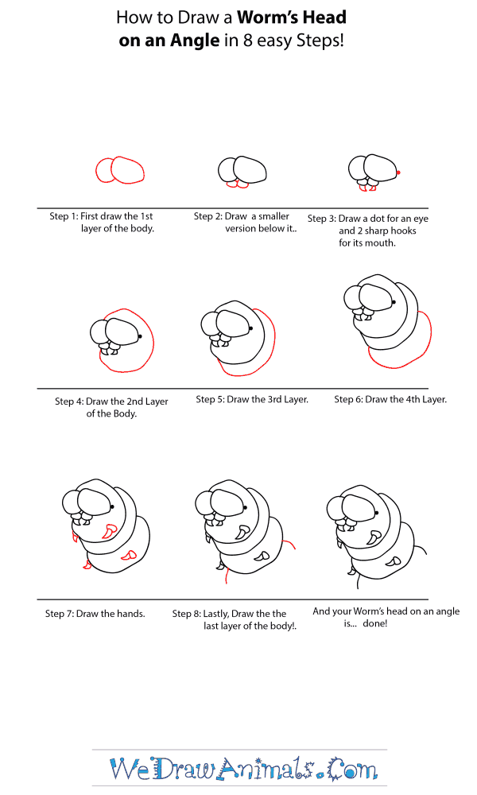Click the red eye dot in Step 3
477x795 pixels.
pos(398,173)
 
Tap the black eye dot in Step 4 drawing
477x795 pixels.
pos(139,335)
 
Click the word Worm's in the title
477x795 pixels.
pos(266,17)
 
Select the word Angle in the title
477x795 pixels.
pos(197,40)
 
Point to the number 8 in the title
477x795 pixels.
pos(247,40)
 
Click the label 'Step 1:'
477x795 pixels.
pos(64,216)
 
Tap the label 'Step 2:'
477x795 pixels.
pos(207,216)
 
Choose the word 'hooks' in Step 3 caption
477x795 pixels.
pos(405,231)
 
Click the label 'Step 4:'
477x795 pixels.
pos(69,401)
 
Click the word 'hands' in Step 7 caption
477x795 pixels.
pos(131,614)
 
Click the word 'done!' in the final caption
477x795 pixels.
pos(375,623)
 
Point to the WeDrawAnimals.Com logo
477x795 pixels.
pos(243,769)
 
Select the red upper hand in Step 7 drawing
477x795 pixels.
pos(109,531)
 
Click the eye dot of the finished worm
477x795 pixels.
pos(376,513)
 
